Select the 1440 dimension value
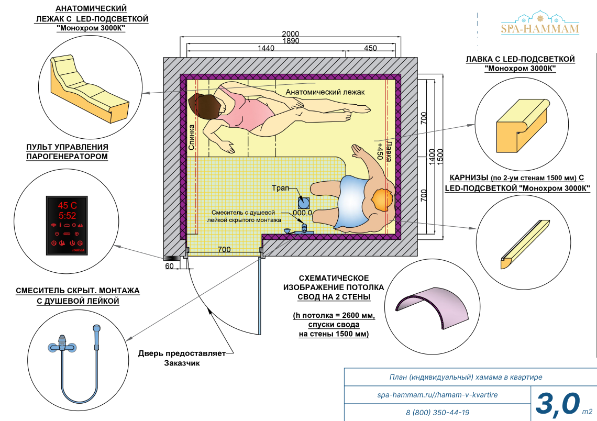coord(266,48)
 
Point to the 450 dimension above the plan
coord(370,48)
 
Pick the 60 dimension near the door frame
coord(169,266)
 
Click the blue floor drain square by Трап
coord(303,202)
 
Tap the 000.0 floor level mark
coord(302,213)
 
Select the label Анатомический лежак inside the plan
coord(325,92)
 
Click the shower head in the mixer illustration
coord(96,330)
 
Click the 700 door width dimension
coord(224,249)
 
